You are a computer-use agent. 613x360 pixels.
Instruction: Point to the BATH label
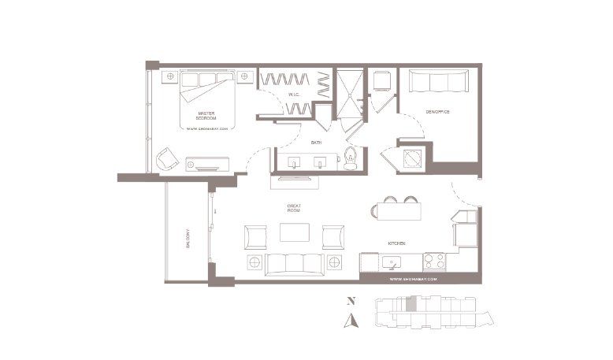(316, 143)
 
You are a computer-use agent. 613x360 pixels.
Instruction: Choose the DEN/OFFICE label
(437, 112)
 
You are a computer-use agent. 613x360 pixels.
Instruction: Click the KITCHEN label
(396, 244)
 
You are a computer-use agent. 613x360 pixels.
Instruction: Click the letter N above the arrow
(351, 301)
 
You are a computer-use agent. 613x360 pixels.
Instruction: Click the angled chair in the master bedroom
(167, 158)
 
